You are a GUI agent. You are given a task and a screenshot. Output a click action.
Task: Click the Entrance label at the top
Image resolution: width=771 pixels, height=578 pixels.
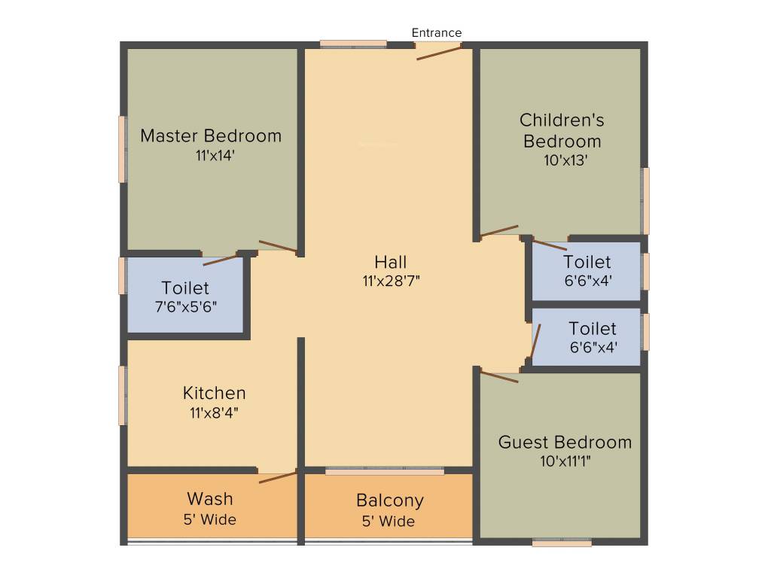click(437, 32)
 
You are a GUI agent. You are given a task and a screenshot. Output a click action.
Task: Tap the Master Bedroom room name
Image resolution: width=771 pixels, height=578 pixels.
click(211, 136)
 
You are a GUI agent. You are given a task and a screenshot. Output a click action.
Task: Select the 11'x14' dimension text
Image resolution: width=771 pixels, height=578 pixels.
click(211, 156)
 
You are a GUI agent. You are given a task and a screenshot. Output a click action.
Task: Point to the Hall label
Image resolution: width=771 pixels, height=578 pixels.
click(391, 262)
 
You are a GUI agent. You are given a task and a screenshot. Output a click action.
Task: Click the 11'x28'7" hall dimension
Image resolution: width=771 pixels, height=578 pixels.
click(391, 281)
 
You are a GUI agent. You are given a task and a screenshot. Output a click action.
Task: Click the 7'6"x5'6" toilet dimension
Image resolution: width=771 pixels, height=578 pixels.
click(185, 307)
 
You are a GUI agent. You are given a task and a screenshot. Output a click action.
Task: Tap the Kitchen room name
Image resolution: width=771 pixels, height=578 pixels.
click(215, 393)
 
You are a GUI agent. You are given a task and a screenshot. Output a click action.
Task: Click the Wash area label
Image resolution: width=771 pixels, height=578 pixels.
click(210, 499)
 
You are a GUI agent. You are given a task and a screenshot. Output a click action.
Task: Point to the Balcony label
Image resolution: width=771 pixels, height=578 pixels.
click(390, 500)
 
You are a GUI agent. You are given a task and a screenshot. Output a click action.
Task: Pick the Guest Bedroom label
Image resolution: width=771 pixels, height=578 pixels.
click(565, 442)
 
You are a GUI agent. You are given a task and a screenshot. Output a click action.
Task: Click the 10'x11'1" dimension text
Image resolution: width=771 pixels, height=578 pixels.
click(565, 461)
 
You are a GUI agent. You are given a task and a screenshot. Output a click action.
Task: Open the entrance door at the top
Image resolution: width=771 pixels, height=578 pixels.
click(438, 51)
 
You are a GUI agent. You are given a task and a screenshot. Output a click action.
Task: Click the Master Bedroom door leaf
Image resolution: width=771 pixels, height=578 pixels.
click(278, 245)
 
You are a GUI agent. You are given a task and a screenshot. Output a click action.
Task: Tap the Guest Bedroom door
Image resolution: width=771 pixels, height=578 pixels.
click(499, 376)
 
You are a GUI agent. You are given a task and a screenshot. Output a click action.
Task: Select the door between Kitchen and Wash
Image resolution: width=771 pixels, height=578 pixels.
click(277, 477)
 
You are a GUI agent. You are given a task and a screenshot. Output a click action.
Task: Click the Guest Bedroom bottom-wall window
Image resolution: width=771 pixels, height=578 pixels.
click(562, 542)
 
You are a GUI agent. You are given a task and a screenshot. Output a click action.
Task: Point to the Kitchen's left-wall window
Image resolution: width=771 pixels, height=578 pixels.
click(123, 395)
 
